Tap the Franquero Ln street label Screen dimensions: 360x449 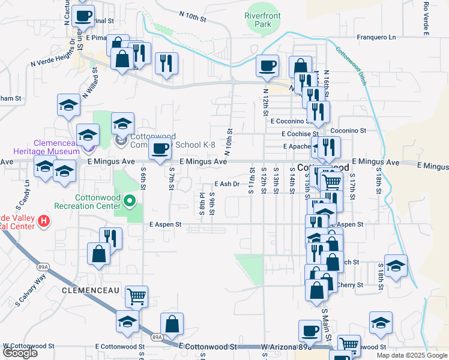click(377, 37)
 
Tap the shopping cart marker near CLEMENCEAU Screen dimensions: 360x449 click(137, 295)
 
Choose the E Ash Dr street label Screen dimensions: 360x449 click(227, 184)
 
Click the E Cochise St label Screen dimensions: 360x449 click(294, 134)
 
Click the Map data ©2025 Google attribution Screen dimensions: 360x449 click(411, 355)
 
